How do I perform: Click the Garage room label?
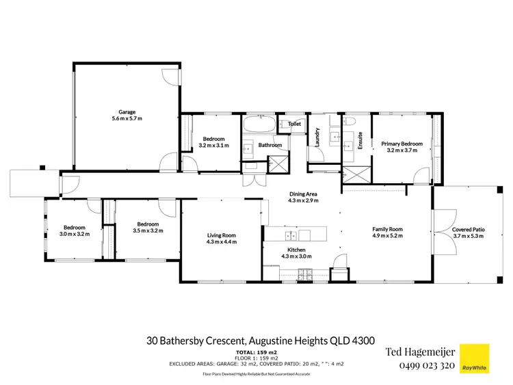click(127, 111)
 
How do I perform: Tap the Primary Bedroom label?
click(402, 144)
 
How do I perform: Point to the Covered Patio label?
click(468, 229)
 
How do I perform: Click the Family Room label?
click(387, 229)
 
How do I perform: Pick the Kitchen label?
click(296, 250)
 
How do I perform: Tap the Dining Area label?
click(302, 194)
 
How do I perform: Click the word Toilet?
click(295, 124)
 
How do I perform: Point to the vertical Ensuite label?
click(360, 140)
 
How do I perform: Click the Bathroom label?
click(270, 145)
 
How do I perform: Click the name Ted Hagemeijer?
click(421, 352)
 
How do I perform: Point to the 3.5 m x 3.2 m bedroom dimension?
click(148, 230)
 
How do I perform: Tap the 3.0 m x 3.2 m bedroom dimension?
click(74, 234)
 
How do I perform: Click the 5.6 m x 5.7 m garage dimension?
click(127, 118)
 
